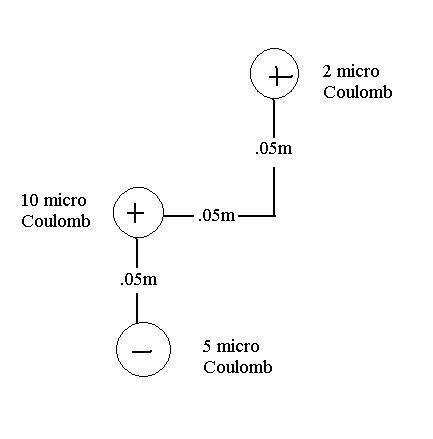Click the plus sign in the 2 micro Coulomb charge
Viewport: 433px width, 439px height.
click(278, 76)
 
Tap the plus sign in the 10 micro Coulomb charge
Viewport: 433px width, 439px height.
click(136, 213)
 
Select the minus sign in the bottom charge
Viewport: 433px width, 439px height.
click(142, 351)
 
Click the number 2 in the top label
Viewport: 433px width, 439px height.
click(327, 72)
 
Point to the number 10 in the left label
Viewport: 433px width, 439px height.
click(30, 200)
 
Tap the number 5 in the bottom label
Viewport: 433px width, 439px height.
click(207, 346)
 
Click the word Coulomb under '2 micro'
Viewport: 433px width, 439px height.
click(358, 92)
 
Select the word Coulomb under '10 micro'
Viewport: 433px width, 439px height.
click(56, 221)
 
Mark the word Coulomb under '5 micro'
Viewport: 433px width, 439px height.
click(238, 367)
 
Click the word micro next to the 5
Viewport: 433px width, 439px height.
click(238, 347)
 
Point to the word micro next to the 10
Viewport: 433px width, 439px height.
click(65, 201)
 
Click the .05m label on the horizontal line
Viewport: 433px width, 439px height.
click(216, 216)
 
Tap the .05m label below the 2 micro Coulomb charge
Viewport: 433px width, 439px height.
click(274, 149)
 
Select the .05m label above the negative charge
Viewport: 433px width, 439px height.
click(138, 279)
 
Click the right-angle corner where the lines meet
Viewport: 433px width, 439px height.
click(274, 216)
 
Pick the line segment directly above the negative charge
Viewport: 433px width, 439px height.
click(137, 308)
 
